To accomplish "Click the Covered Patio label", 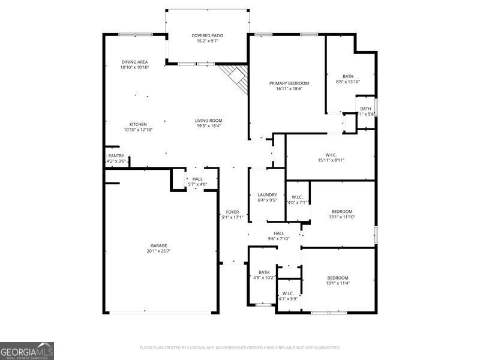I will point(207,36).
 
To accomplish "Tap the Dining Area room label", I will point(134,62).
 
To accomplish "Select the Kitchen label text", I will point(138,124).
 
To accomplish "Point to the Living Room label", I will point(208,121).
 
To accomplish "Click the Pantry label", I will point(116,156).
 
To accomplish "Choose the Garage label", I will point(158,245).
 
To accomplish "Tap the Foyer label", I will point(232,212).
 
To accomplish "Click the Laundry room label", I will point(267,194).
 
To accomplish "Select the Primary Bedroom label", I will point(289,83).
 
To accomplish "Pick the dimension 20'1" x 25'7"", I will point(158,251).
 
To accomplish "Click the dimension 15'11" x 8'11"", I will point(331,161).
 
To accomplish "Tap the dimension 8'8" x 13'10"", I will point(348,82).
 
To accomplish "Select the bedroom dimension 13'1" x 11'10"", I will point(342,217).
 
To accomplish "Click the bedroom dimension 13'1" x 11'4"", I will point(337,283).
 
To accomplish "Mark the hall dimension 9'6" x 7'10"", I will point(278,239).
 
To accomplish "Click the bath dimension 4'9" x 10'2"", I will point(264,278).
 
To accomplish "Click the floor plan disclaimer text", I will point(240,347).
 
